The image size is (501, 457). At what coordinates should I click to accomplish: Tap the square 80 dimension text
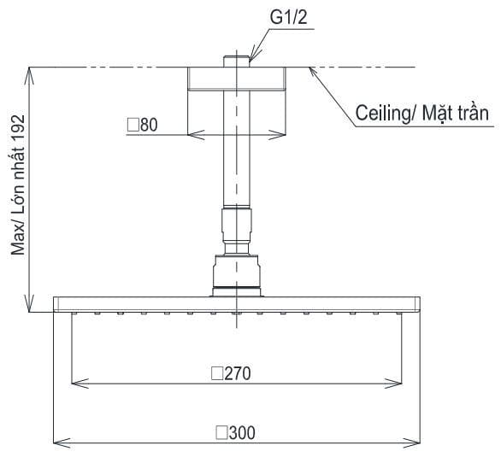(x=143, y=125)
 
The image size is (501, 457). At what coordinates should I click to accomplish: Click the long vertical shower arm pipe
(x=236, y=154)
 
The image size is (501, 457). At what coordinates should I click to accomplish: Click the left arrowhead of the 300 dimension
(x=57, y=442)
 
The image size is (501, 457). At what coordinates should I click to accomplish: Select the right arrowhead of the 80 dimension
(x=280, y=134)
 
